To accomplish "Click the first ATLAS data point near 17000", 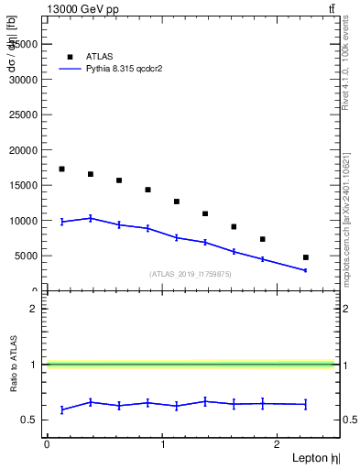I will (x=61, y=169).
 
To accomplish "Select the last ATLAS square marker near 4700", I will (x=305, y=257).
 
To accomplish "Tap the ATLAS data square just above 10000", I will (x=205, y=213).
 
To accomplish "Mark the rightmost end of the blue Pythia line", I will (x=305, y=270).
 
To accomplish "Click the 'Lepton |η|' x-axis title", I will (x=315, y=457).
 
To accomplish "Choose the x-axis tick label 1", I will (x=162, y=443).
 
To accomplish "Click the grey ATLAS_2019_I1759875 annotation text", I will (x=191, y=274).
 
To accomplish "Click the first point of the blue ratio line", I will (x=61, y=409).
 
